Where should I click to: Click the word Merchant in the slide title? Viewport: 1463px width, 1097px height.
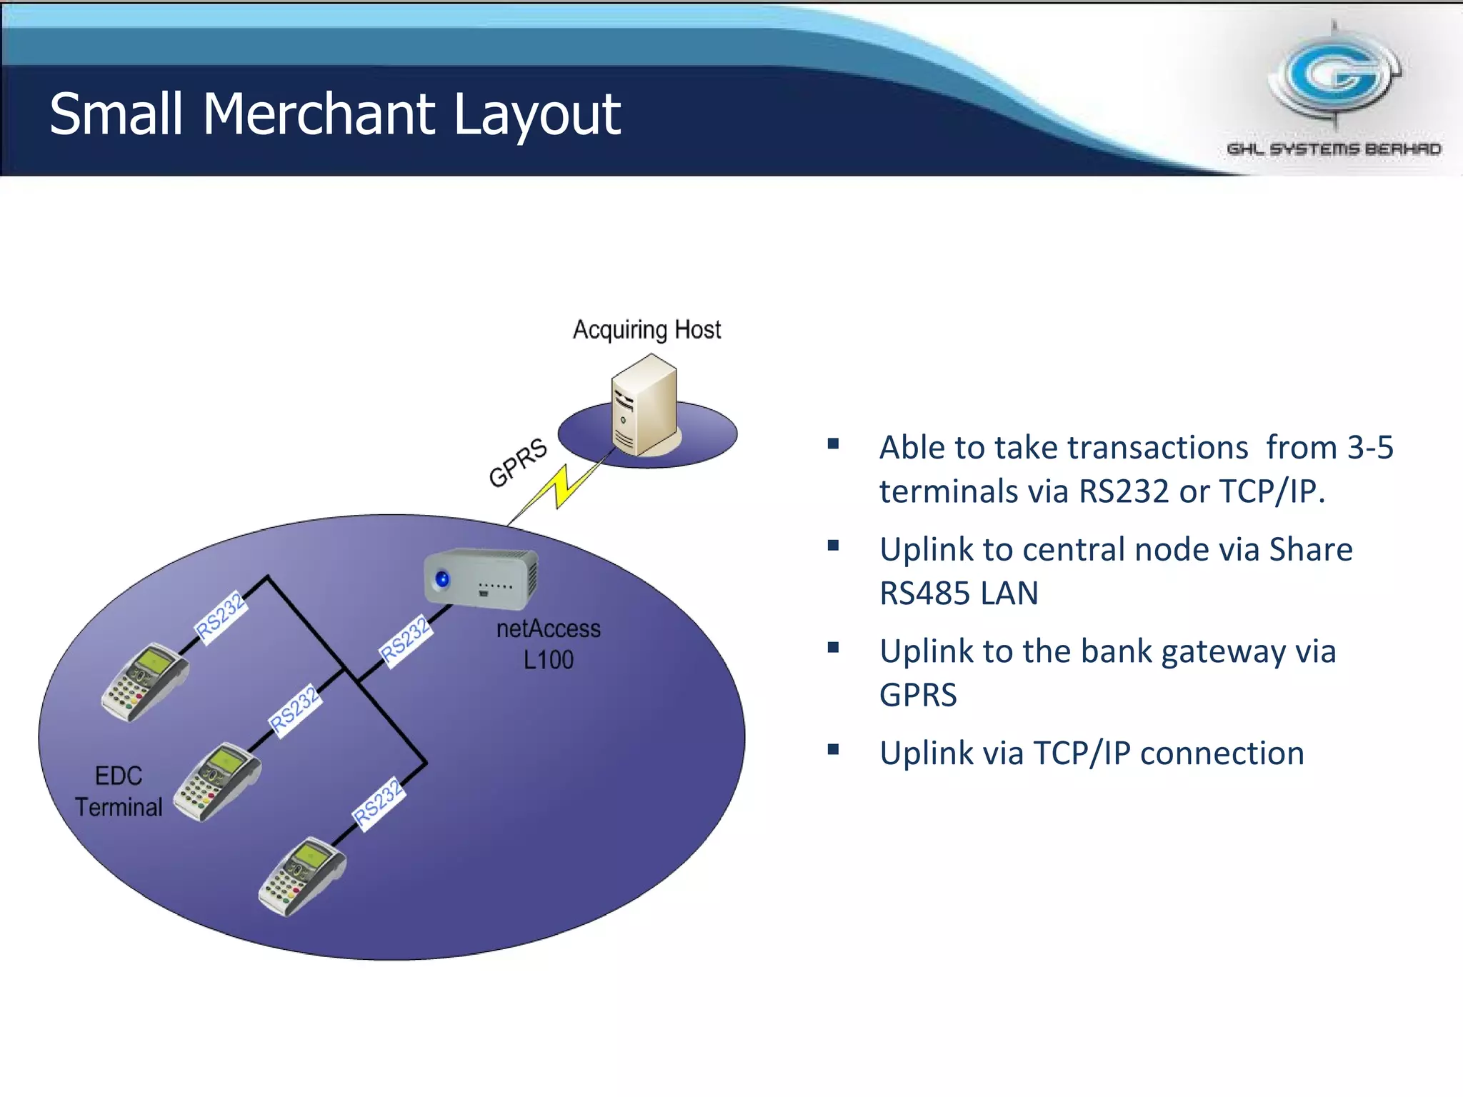point(319,114)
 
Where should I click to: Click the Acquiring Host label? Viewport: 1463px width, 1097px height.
point(646,330)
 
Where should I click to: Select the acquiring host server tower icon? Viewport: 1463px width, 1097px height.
point(644,406)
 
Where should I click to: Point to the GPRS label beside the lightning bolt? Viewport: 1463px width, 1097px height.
point(518,463)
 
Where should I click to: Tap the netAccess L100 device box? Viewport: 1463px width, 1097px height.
point(481,578)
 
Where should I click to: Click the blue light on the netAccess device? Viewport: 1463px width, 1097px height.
point(442,578)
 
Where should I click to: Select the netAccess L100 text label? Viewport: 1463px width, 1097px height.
point(548,643)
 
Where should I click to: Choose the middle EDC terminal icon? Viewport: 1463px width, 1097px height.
point(218,781)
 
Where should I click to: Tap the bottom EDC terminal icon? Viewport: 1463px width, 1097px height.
point(302,876)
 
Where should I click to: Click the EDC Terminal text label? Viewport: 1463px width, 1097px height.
point(119,791)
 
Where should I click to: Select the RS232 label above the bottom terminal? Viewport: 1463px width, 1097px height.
point(379,803)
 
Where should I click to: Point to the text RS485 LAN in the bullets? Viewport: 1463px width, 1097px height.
point(959,593)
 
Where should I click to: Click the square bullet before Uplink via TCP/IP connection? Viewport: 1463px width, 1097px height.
point(833,749)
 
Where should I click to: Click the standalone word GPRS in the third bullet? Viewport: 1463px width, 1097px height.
point(918,695)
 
